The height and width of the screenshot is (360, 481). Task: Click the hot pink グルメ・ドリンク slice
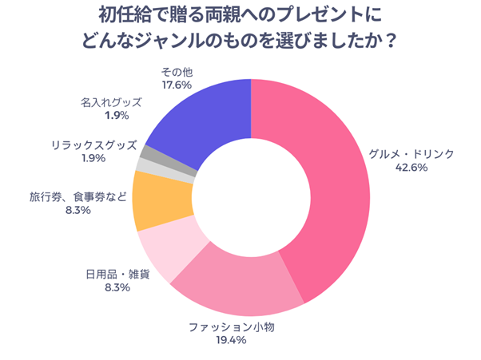[336, 200]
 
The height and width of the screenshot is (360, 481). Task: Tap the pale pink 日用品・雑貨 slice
[164, 254]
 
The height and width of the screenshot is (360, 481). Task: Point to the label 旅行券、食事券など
[78, 196]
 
